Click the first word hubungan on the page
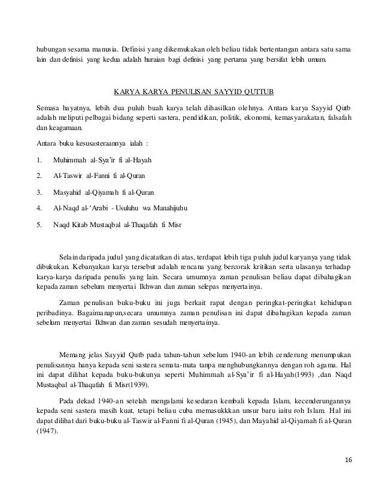pos(51,49)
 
